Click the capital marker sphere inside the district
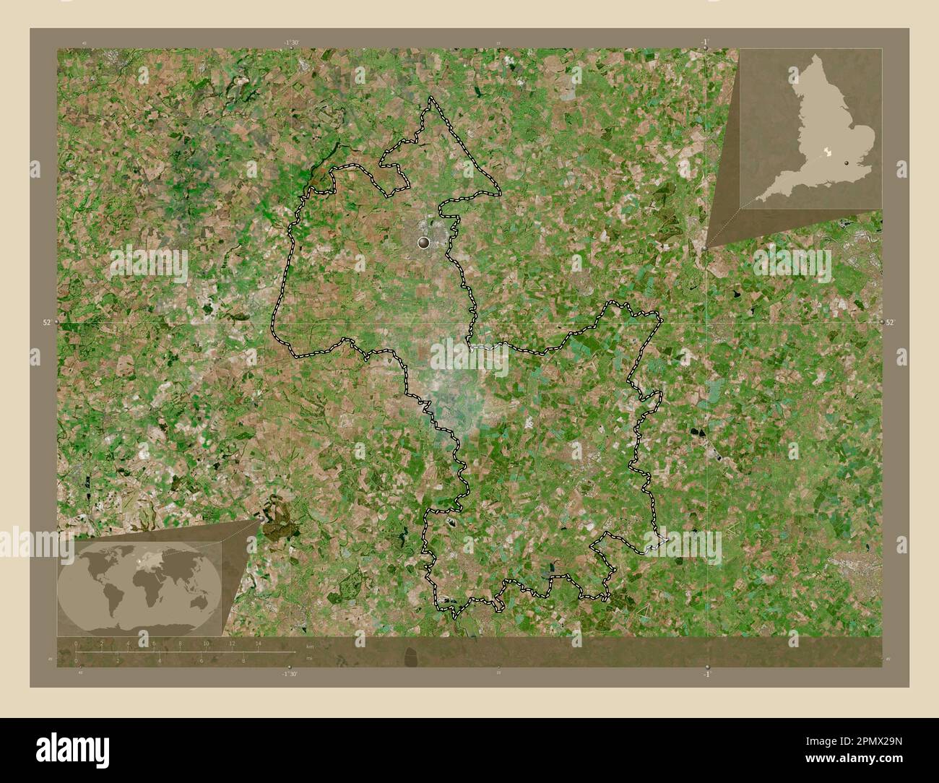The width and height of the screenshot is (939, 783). pos(423,243)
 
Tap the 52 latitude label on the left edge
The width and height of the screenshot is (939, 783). pos(46,323)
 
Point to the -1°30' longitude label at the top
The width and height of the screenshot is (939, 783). pos(291,43)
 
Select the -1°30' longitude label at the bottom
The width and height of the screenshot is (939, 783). pos(290,673)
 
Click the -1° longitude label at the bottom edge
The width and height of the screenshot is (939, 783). pos(706,673)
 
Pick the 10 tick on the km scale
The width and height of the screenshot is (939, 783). pos(206,643)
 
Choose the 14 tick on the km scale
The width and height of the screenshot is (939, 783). pos(258,643)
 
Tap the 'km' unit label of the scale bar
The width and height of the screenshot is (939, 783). pos(311,646)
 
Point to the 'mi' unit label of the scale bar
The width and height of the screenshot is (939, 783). pos(309,659)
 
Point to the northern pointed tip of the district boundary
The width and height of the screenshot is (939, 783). pos(432,98)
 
